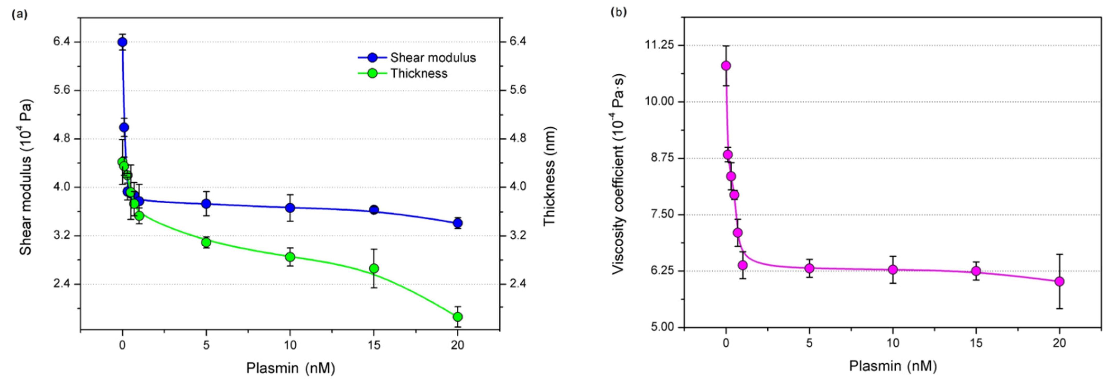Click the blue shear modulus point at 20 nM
(x=458, y=223)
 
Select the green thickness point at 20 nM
(x=458, y=317)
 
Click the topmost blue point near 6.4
(x=122, y=42)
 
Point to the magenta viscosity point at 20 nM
(x=1059, y=281)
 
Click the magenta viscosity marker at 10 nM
(x=892, y=269)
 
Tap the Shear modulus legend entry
(x=432, y=57)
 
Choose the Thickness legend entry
(x=419, y=73)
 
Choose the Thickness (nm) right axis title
(x=549, y=176)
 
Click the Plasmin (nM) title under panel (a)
(x=290, y=368)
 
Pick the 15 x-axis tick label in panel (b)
(x=976, y=343)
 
